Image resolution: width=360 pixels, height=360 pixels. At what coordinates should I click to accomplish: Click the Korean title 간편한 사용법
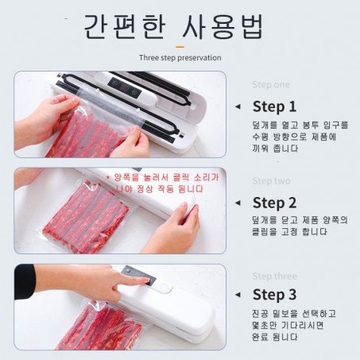(x=174, y=26)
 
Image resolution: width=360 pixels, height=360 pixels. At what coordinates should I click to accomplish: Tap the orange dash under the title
(x=180, y=47)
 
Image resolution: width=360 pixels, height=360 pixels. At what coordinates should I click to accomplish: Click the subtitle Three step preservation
(x=180, y=58)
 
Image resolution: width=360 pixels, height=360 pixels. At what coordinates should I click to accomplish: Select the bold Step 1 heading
(x=274, y=106)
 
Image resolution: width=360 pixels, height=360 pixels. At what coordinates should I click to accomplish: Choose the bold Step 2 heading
(x=274, y=203)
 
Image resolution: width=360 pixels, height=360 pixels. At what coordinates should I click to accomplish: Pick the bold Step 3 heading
(x=274, y=294)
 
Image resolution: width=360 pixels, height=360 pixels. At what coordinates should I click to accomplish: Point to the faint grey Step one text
(x=271, y=85)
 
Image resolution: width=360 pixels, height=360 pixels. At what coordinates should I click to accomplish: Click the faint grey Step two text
(x=271, y=181)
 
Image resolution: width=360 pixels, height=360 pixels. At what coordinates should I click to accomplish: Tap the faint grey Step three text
(x=274, y=277)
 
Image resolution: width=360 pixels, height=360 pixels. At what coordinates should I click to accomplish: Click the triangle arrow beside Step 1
(x=238, y=106)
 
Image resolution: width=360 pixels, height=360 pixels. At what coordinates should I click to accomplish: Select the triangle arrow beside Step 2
(x=238, y=203)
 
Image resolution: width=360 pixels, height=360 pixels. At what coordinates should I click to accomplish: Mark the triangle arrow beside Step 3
(x=238, y=295)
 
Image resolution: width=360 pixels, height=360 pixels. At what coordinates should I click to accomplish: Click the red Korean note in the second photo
(x=162, y=184)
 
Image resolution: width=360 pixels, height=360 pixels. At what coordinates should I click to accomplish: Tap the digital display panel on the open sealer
(x=125, y=86)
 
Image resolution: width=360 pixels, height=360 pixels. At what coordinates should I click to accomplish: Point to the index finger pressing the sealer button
(x=133, y=281)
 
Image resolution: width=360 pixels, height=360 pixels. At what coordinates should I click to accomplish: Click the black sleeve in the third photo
(x=25, y=281)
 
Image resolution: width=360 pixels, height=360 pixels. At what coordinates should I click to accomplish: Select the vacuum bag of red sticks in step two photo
(x=85, y=216)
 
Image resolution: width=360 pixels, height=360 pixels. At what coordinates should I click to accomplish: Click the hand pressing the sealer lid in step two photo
(x=173, y=228)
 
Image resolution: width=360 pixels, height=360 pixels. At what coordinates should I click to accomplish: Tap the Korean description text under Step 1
(x=300, y=137)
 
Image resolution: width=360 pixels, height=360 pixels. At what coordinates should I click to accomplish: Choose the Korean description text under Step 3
(x=294, y=325)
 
